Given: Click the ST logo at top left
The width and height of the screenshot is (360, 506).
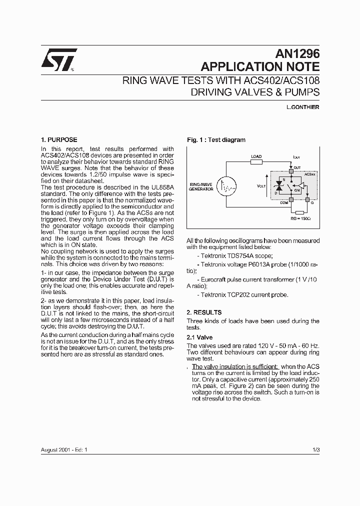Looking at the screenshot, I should (58, 58).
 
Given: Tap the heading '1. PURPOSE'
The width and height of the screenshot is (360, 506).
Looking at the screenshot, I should (58, 140).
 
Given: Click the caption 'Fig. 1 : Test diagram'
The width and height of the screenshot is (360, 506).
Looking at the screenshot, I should (216, 140).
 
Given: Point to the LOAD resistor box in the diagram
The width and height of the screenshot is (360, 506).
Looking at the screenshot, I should (256, 162).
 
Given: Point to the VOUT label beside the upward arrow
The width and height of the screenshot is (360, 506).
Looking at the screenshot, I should (261, 185).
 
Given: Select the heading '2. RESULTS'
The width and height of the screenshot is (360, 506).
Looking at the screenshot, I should (204, 312).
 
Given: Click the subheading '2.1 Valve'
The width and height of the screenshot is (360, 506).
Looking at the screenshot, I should (198, 337).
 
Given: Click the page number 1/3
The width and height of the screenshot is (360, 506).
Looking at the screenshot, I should (315, 450).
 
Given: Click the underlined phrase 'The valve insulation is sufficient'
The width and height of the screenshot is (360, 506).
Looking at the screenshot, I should (235, 366).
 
